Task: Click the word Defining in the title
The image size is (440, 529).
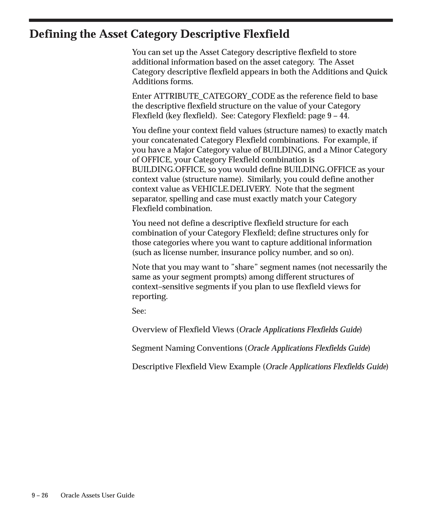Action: pyautogui.click(x=53, y=34)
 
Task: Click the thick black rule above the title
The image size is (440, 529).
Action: pyautogui.click(x=211, y=20)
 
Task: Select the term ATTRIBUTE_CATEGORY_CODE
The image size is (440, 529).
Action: pyautogui.click(x=214, y=96)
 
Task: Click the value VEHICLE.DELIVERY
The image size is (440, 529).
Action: pyautogui.click(x=231, y=189)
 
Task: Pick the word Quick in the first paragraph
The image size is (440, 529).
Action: pyautogui.click(x=376, y=72)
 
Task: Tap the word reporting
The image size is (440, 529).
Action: pyautogui.click(x=150, y=297)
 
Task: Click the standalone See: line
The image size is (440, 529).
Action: pyautogui.click(x=139, y=311)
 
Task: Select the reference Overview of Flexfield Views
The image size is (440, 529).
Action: pyautogui.click(x=183, y=329)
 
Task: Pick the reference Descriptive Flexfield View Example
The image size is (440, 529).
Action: pyautogui.click(x=196, y=367)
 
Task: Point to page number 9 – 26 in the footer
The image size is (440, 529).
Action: pyautogui.click(x=40, y=495)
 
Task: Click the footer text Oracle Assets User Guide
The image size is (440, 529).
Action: pyautogui.click(x=98, y=495)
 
